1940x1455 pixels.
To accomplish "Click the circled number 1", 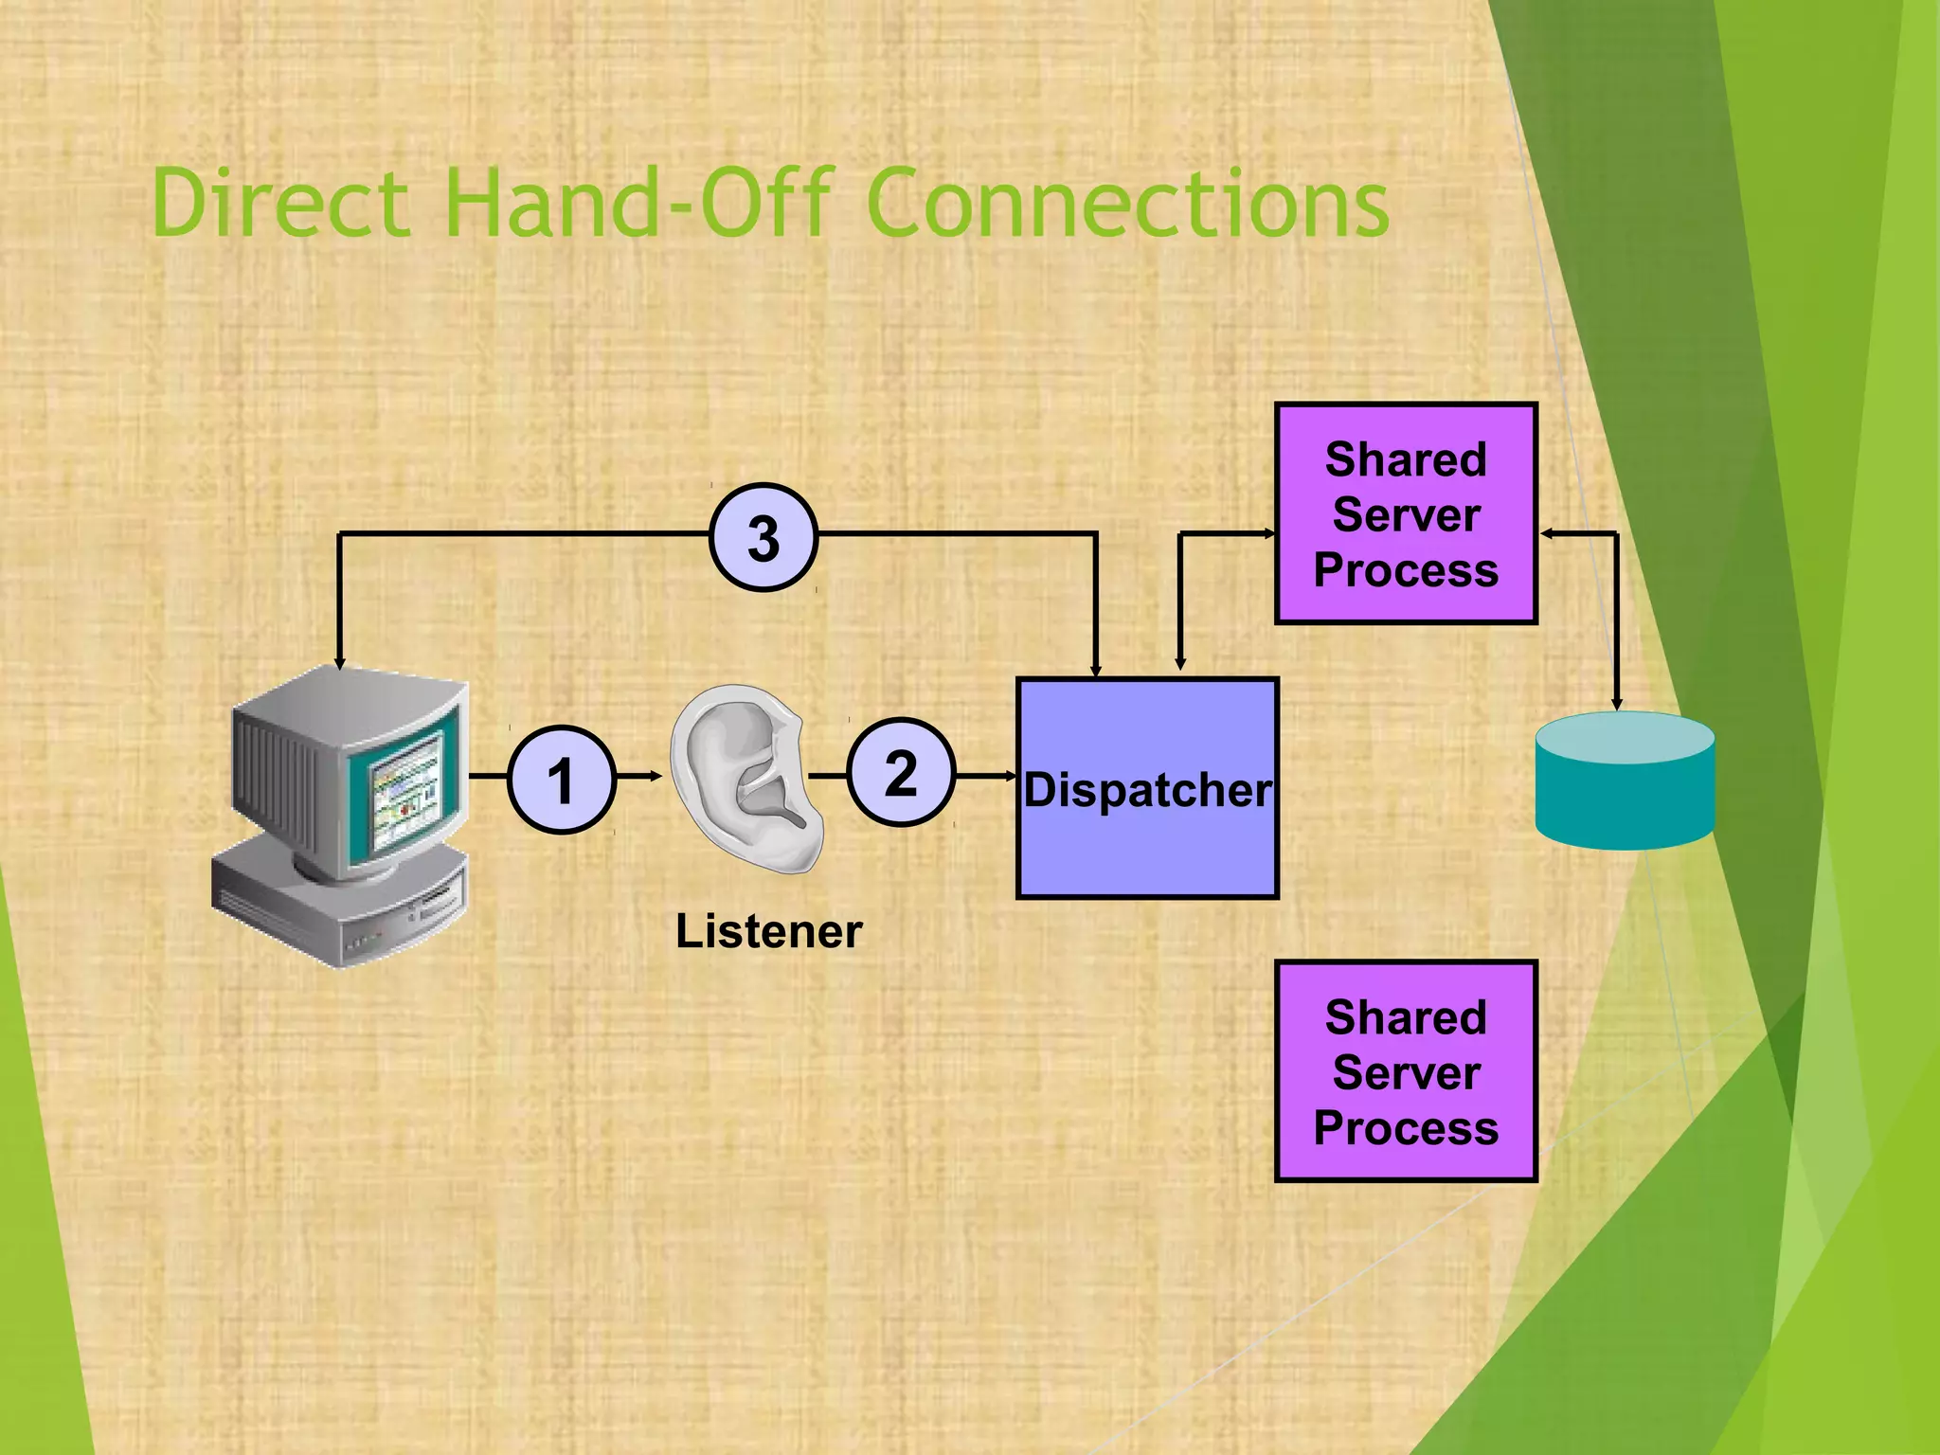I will tap(562, 780).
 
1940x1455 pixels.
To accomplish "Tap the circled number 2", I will tap(900, 772).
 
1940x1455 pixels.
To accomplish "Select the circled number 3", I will tap(763, 537).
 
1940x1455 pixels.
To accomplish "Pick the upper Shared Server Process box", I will tap(1406, 514).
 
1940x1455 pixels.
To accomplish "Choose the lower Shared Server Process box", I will tap(1406, 1071).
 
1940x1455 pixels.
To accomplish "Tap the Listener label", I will tap(768, 931).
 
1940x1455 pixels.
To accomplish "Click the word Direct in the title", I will tap(280, 203).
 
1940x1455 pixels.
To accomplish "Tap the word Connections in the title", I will tap(1127, 203).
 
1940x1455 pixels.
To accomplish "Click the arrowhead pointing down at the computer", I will tap(339, 662).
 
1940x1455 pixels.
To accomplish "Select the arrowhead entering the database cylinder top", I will tap(1617, 703).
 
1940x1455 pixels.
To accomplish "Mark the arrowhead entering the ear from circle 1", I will tap(655, 777).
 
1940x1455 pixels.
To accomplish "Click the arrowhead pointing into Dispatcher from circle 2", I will tap(1011, 776).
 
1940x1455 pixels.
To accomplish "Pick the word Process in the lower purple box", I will tap(1406, 1128).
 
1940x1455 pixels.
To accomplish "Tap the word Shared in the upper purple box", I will tap(1406, 459).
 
